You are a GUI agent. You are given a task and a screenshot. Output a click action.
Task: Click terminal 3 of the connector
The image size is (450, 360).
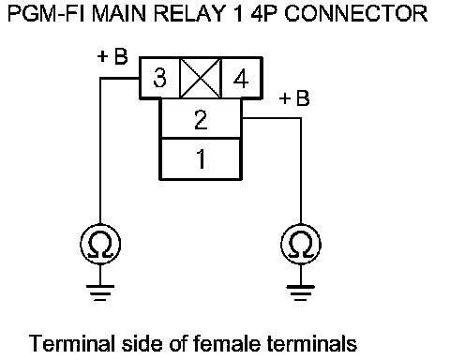[159, 78]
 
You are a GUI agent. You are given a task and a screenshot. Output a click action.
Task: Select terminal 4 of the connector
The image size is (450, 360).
[241, 78]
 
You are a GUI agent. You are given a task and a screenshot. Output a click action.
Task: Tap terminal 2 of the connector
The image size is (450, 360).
[201, 118]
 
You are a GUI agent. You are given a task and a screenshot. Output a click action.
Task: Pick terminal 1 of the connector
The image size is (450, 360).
[201, 158]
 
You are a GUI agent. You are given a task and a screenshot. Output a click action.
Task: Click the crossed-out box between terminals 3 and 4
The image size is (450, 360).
[201, 78]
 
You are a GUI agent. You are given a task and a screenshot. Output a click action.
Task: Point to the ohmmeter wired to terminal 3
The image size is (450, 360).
[100, 244]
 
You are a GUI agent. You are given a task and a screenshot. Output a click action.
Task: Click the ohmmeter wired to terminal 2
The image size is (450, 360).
[301, 244]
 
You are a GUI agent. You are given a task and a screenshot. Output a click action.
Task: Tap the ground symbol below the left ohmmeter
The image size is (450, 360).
[100, 292]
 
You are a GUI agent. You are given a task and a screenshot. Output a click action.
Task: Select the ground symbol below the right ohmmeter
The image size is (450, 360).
[301, 292]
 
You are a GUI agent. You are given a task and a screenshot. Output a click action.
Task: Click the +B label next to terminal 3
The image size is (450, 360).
[112, 56]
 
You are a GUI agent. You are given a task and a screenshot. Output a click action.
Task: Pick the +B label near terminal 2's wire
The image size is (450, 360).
[294, 98]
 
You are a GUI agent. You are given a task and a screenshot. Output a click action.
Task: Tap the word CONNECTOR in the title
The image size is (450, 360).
[355, 14]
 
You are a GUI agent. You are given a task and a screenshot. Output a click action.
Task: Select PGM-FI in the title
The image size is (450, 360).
[47, 14]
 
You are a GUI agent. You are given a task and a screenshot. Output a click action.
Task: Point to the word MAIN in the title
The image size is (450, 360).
[119, 14]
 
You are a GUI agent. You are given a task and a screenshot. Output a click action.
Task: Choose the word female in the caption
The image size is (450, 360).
[227, 343]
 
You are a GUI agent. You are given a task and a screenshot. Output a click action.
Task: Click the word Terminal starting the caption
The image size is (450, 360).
[71, 343]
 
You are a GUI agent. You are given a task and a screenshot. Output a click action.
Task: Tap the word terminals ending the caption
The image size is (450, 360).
[312, 343]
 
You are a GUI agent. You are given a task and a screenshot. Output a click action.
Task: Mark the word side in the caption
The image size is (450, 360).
[142, 343]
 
